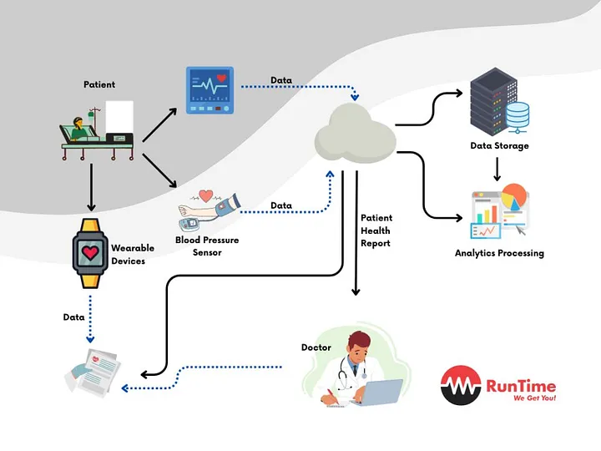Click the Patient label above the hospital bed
(99, 84)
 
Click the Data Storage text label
(499, 146)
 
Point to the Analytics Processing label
(499, 253)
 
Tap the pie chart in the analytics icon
(515, 200)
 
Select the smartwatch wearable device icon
(88, 253)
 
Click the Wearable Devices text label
(128, 255)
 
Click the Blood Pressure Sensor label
(207, 246)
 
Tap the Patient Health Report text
(376, 231)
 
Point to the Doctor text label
(316, 347)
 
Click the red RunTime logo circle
(461, 387)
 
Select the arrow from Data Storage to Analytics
(497, 169)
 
